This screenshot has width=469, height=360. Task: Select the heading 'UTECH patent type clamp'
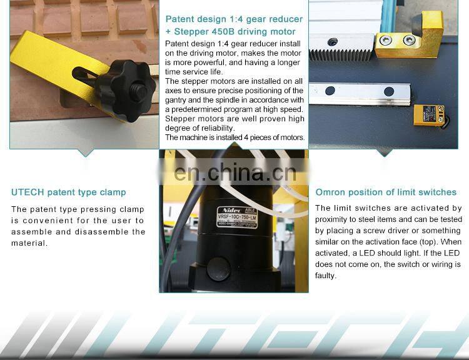click(x=68, y=192)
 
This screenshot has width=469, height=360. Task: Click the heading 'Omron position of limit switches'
click(x=386, y=192)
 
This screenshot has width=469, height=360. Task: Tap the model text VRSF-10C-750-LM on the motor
click(x=241, y=217)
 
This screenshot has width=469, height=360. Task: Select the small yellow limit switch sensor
click(x=429, y=116)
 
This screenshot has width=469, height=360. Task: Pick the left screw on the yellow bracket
click(x=387, y=40)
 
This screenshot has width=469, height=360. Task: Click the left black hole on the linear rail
click(x=331, y=91)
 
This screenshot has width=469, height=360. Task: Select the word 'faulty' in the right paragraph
click(x=325, y=276)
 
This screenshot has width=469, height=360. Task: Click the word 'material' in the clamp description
click(x=28, y=243)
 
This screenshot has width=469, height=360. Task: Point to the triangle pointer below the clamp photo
click(x=86, y=152)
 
